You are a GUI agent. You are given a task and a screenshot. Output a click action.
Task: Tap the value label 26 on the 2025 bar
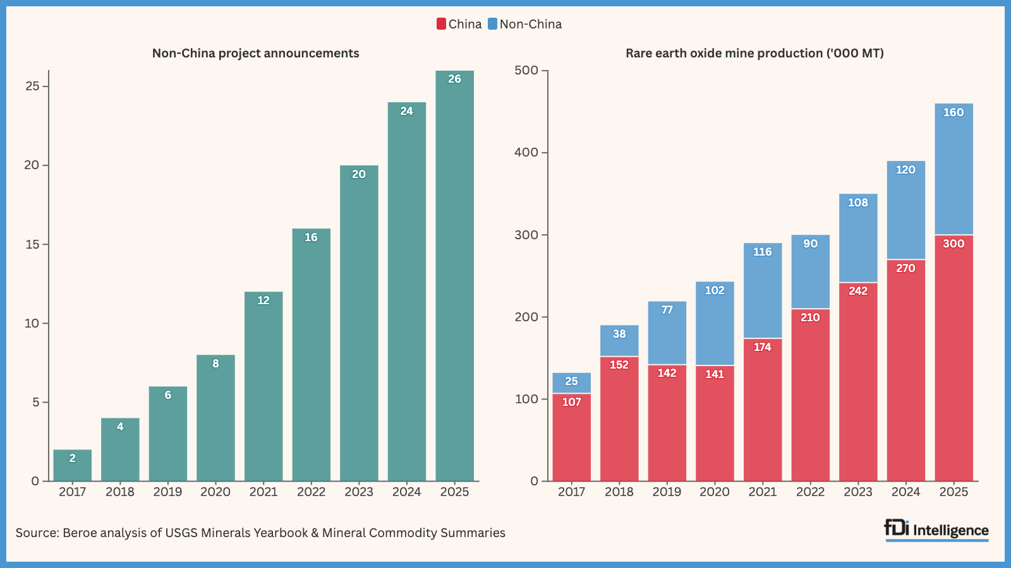(x=454, y=79)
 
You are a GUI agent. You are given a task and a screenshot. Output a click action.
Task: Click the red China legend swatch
(x=441, y=24)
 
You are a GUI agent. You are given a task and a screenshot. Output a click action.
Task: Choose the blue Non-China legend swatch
(x=492, y=24)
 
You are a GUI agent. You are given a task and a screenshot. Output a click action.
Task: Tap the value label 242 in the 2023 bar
(x=858, y=291)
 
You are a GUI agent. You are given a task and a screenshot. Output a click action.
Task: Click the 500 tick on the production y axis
(x=526, y=70)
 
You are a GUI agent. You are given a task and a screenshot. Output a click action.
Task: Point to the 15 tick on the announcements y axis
(x=32, y=244)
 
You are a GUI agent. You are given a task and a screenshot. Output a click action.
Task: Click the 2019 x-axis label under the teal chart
(x=167, y=492)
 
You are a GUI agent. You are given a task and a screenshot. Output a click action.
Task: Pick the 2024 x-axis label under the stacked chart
(x=905, y=492)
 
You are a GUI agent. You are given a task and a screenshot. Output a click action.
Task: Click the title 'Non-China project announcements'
(x=255, y=53)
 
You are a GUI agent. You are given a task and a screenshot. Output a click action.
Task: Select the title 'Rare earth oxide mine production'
(x=754, y=53)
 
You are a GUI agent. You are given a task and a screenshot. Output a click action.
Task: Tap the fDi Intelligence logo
(x=936, y=530)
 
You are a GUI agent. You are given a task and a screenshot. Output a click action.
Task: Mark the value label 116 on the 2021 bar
(x=763, y=252)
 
